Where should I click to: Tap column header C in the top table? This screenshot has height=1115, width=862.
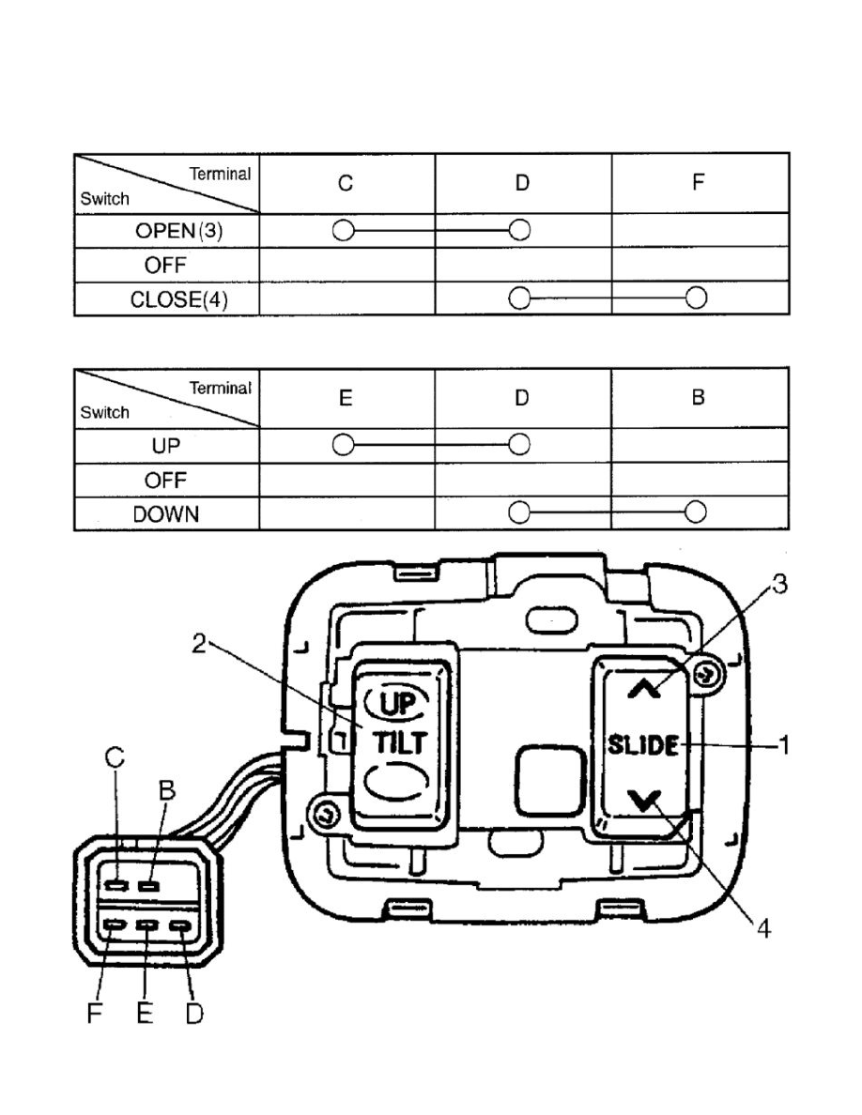[346, 184]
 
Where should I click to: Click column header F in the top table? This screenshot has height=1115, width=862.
[698, 184]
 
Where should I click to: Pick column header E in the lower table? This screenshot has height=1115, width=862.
[346, 399]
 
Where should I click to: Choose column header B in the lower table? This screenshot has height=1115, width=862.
[698, 399]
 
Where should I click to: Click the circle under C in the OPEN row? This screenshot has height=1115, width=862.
[344, 230]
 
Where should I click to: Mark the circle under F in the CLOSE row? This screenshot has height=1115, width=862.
[696, 298]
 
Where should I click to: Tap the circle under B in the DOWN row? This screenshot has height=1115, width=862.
[696, 512]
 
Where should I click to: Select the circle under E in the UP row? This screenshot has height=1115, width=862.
[344, 445]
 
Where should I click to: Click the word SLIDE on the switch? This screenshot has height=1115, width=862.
[641, 747]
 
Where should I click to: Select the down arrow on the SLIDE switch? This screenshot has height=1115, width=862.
[643, 801]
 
